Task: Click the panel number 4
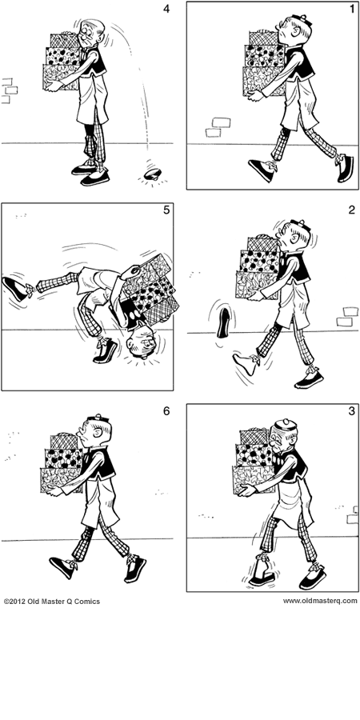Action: click(166, 11)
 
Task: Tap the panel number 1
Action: click(350, 12)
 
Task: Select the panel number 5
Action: click(166, 212)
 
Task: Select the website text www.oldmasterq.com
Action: click(320, 601)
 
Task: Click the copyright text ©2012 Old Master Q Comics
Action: click(52, 601)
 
